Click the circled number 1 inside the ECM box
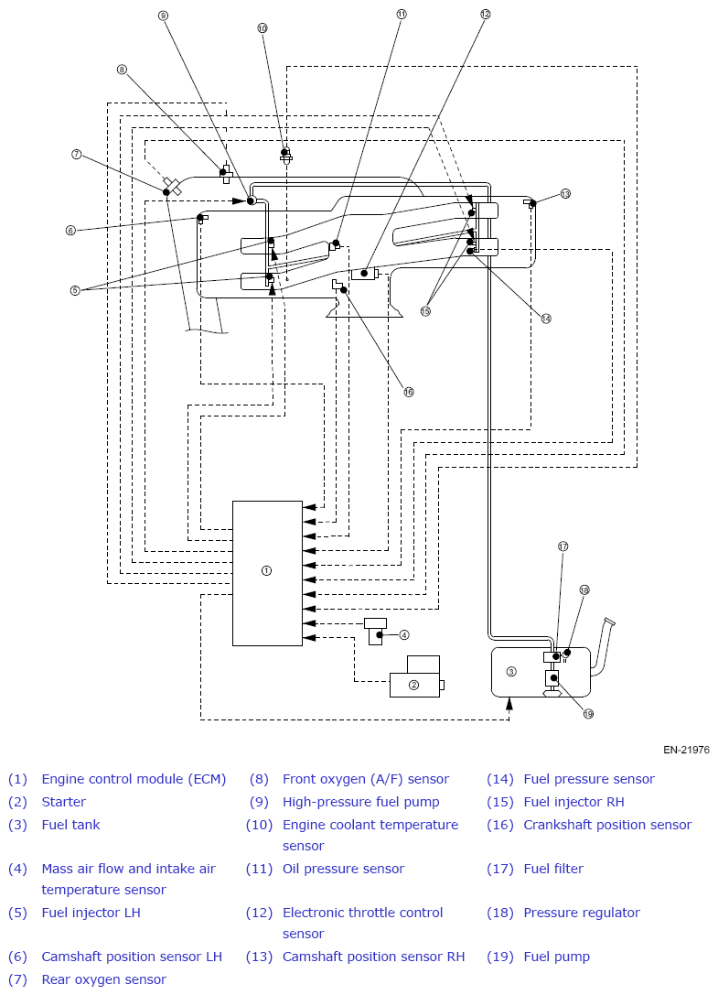pos(266,570)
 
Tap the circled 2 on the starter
pos(414,685)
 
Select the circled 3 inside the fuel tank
pos(512,671)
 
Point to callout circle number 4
pos(404,634)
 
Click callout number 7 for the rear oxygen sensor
pos(77,154)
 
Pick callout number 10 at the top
pos(263,28)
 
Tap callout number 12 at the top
pos(485,14)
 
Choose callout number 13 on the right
pos(565,193)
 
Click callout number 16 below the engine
pos(409,392)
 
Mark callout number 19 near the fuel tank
pos(588,714)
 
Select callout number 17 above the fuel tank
pos(563,546)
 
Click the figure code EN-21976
pos(686,750)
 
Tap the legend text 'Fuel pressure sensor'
pos(589,779)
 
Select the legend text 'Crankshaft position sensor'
pos(607,825)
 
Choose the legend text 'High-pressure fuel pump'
pos(361,802)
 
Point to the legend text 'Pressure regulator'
pos(582,914)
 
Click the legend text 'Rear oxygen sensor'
pos(104,979)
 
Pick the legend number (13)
pos(259,957)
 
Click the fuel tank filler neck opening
pos(610,622)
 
